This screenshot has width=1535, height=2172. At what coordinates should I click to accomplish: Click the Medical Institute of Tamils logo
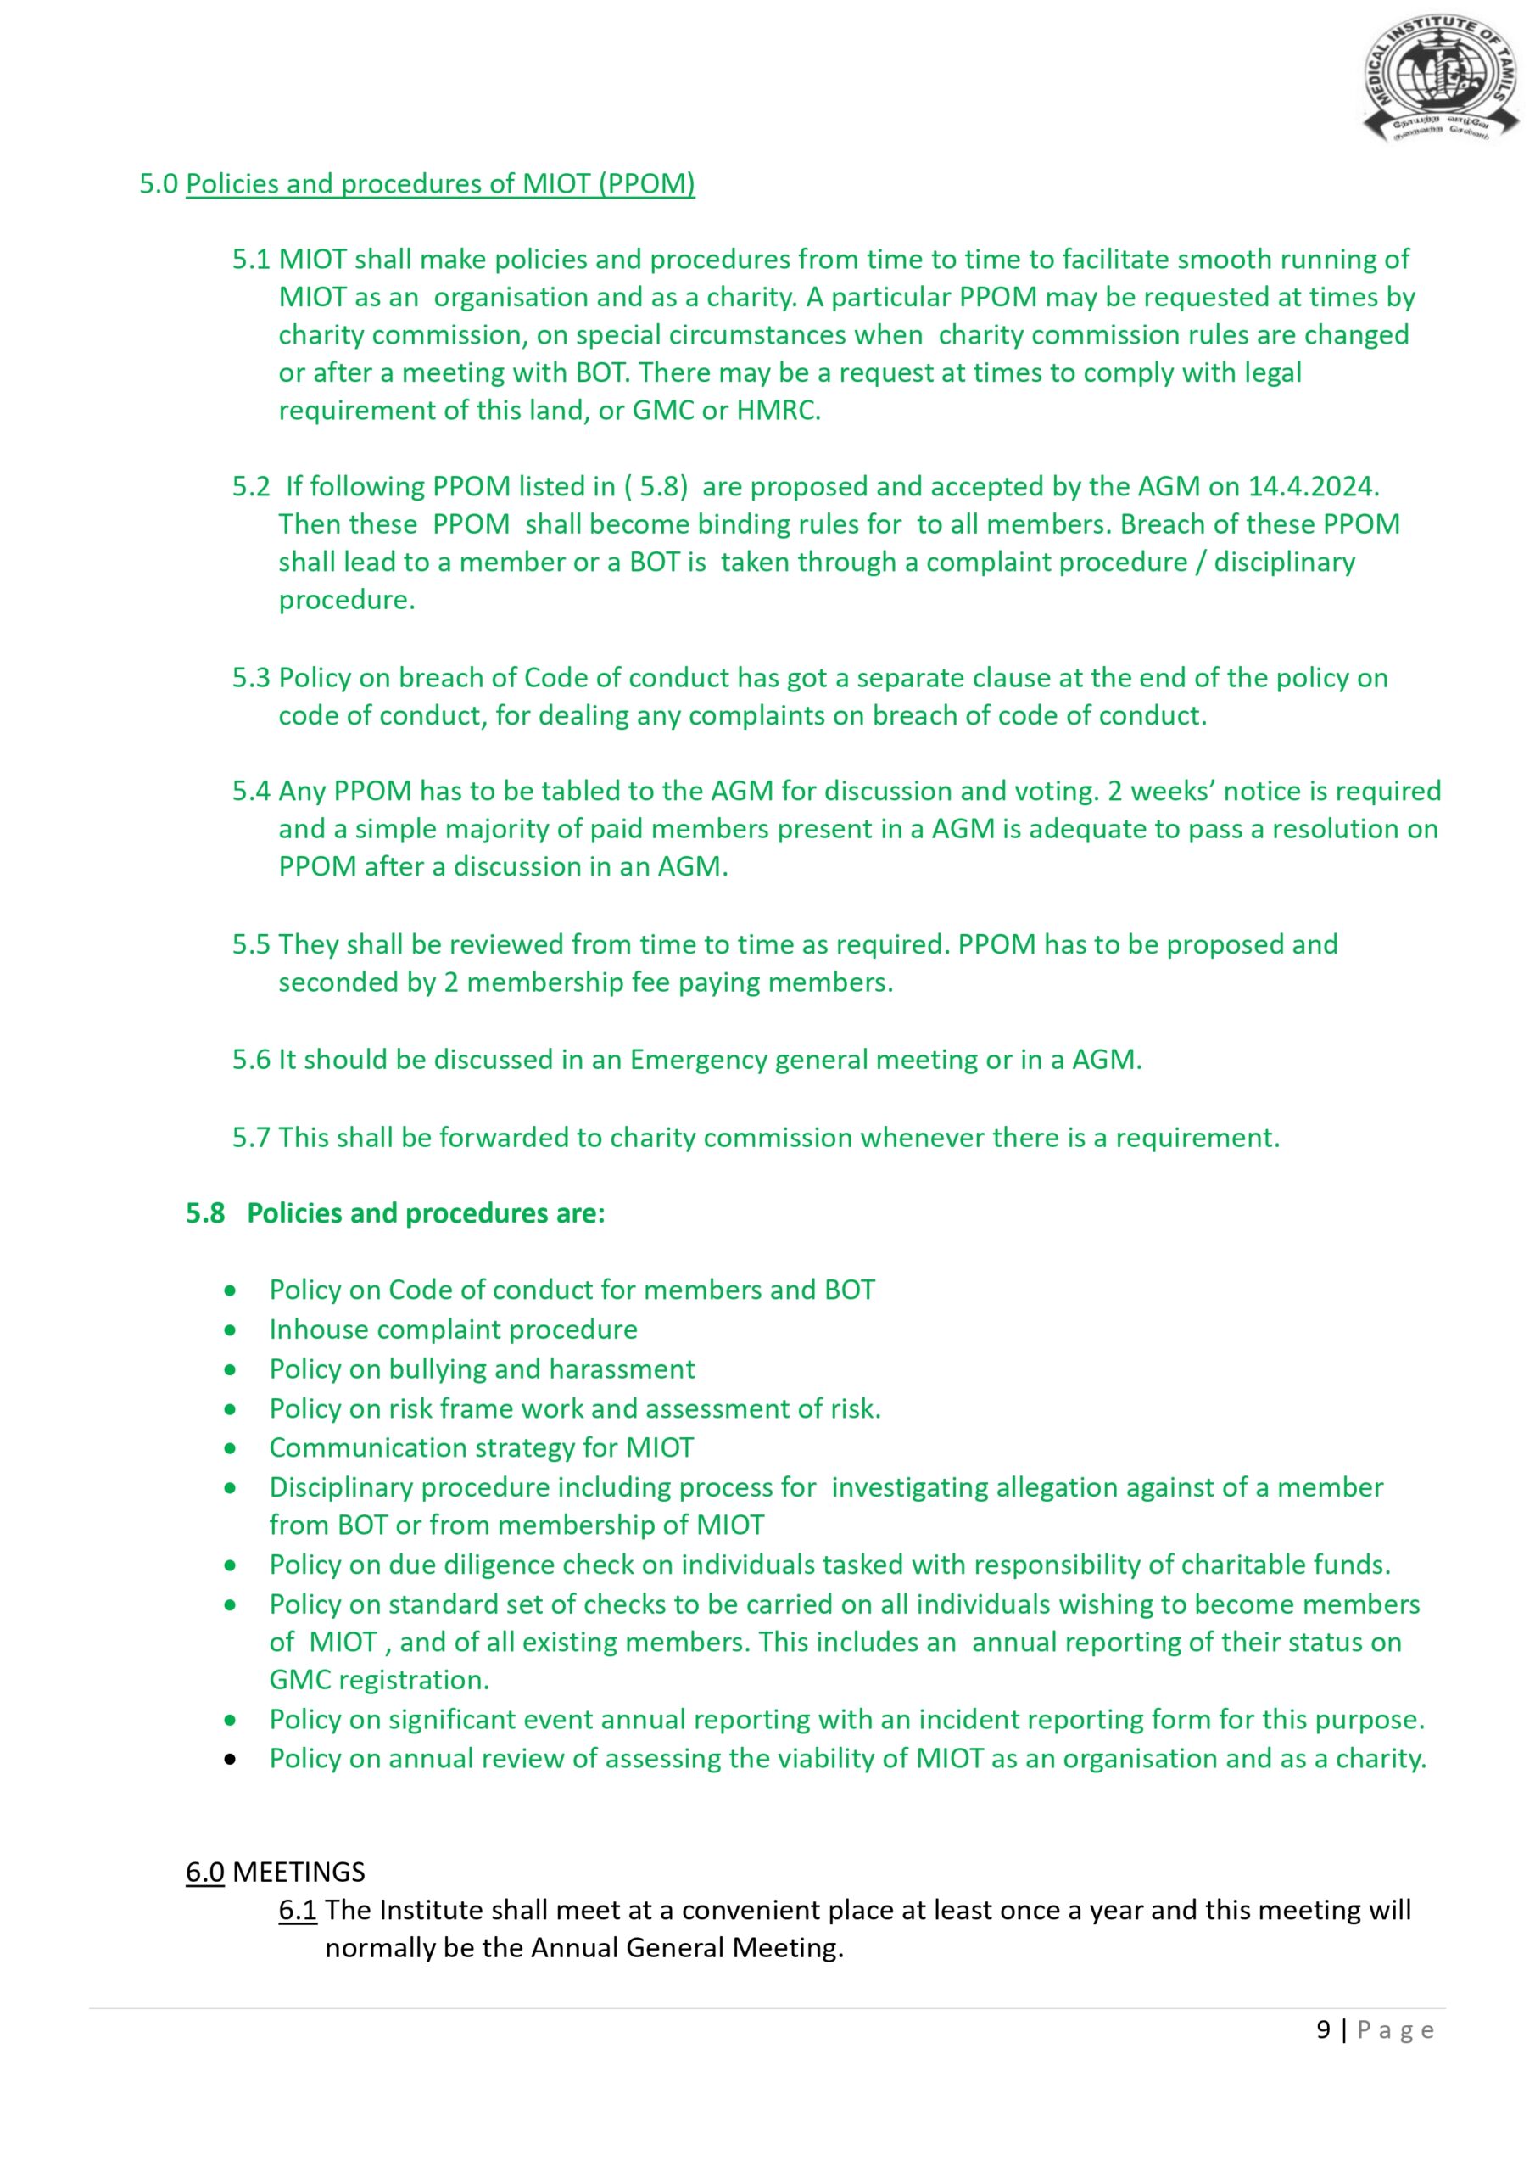click(1439, 80)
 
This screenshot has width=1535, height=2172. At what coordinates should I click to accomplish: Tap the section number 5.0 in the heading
click(159, 183)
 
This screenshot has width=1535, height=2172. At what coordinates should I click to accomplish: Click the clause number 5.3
click(251, 677)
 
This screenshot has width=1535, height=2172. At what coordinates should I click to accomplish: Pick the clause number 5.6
click(251, 1060)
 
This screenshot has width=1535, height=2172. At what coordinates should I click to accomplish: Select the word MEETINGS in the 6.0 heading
click(299, 1873)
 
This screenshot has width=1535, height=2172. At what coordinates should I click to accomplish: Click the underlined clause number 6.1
click(297, 1910)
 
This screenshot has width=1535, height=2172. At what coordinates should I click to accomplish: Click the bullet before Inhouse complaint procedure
click(230, 1330)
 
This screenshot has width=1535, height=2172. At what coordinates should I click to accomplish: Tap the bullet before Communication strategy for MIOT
click(230, 1448)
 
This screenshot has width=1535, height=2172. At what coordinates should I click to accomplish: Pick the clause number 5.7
click(251, 1137)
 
